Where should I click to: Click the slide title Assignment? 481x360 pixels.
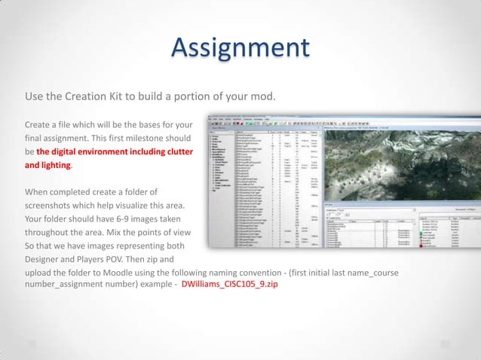240,48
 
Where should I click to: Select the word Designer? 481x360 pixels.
46,260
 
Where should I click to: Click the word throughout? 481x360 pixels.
52,233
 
